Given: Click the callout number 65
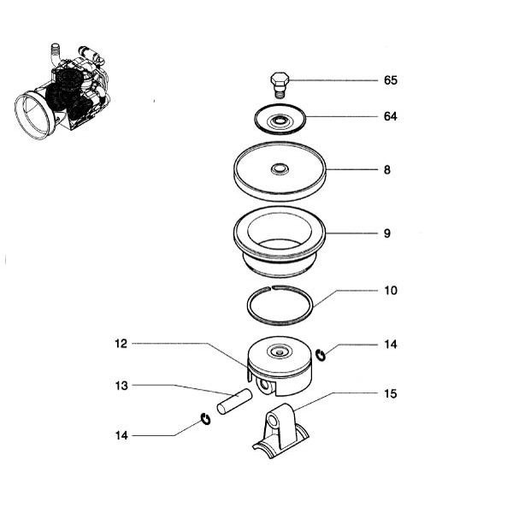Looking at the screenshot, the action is [x=391, y=80].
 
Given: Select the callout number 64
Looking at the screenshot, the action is [x=391, y=116].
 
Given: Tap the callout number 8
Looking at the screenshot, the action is [x=387, y=170].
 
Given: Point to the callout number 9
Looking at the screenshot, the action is [x=387, y=233].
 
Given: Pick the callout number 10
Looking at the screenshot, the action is [x=391, y=291].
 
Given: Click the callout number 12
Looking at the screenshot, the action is [x=121, y=344].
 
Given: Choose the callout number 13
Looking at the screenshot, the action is [x=121, y=386].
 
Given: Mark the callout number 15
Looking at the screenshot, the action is [x=391, y=393].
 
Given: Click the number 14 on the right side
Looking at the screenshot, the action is [x=391, y=345].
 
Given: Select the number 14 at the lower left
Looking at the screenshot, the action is [x=121, y=435].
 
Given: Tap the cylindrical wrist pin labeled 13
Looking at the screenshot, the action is [x=234, y=401].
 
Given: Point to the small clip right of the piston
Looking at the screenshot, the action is [x=321, y=356].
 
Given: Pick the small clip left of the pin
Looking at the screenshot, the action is [x=205, y=419].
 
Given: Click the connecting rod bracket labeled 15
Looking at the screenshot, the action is [x=280, y=431].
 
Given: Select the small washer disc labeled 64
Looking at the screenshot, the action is [x=280, y=119].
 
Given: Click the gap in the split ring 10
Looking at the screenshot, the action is [x=272, y=288].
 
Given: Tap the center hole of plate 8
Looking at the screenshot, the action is [x=280, y=168].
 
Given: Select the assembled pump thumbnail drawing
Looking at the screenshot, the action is [x=62, y=91].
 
